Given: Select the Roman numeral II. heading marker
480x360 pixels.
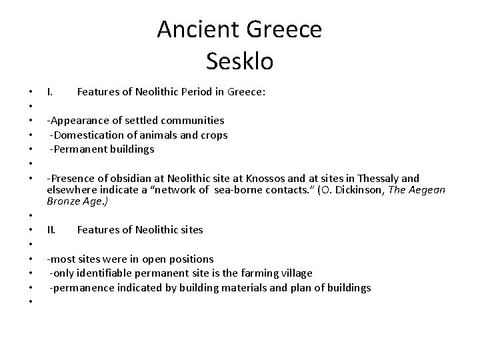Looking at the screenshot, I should click(52, 230).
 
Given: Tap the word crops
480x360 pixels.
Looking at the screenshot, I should click(212, 135).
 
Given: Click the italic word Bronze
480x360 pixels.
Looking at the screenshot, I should click(65, 201).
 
